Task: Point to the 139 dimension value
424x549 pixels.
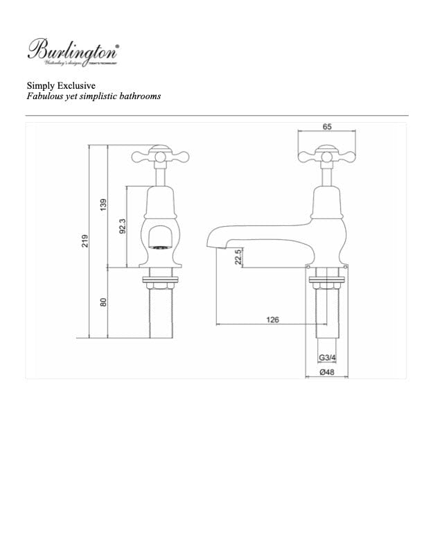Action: click(x=103, y=205)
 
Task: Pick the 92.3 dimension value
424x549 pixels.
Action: click(x=122, y=226)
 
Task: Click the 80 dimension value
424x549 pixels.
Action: click(x=103, y=302)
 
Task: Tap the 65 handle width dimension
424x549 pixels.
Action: click(x=326, y=127)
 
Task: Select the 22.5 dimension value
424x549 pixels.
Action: click(x=238, y=256)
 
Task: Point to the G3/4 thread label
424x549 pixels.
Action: click(x=327, y=358)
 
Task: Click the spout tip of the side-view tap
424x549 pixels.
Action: click(x=212, y=245)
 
